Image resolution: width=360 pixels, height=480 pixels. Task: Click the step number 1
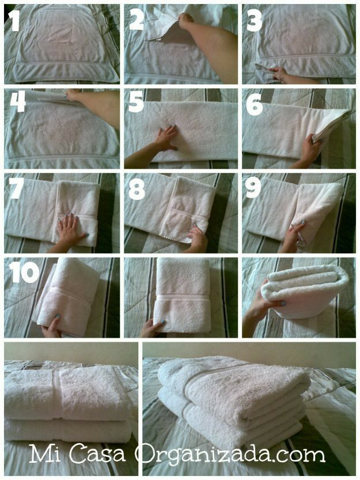point(14,21)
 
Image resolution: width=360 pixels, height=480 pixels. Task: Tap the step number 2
point(137,20)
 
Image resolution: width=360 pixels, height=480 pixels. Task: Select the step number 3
point(255,20)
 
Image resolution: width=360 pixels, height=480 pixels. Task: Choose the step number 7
point(16,188)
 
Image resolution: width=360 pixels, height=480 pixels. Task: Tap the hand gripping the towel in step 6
point(312,147)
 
